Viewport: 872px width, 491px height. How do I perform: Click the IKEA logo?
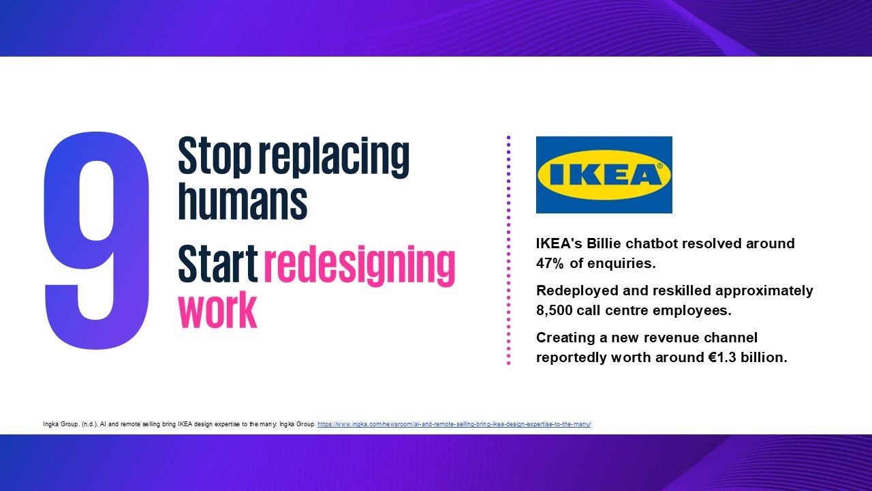pos(604,175)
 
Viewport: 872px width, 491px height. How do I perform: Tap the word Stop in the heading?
pos(214,156)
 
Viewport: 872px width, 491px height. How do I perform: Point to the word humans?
pos(243,200)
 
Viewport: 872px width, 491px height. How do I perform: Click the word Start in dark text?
pos(217,263)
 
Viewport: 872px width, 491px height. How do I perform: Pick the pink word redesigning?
pos(360,266)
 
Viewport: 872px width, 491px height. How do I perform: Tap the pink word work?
pos(217,310)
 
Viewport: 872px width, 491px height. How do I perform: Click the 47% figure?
pos(550,263)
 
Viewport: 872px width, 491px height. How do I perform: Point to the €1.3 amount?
pos(721,357)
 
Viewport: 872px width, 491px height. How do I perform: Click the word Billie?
pos(604,243)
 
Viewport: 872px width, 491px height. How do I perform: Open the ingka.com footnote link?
pos(454,424)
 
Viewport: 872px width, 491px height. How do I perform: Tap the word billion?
pos(764,357)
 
